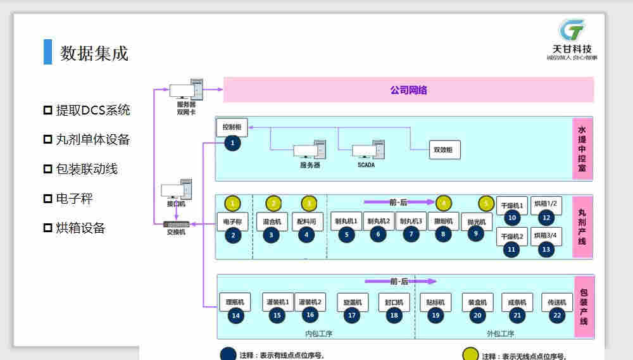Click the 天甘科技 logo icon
pyautogui.click(x=572, y=30)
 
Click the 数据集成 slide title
pyautogui.click(x=94, y=53)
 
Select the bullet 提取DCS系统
pyautogui.click(x=93, y=110)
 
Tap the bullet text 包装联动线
pyautogui.click(x=87, y=169)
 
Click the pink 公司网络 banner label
pyautogui.click(x=408, y=90)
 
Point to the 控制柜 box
pyautogui.click(x=232, y=127)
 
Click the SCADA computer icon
pyautogui.click(x=367, y=151)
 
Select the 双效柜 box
pyautogui.click(x=444, y=150)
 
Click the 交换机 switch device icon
pyautogui.click(x=176, y=224)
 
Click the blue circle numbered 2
pyautogui.click(x=234, y=235)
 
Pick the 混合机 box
pyautogui.click(x=272, y=221)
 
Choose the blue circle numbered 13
pyautogui.click(x=546, y=249)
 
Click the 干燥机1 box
pyautogui.click(x=512, y=206)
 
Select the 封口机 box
pyautogui.click(x=394, y=302)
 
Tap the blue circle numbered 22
pyautogui.click(x=557, y=315)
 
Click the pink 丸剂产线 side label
pyautogui.click(x=582, y=226)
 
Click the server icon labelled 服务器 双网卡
pyautogui.click(x=187, y=90)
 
